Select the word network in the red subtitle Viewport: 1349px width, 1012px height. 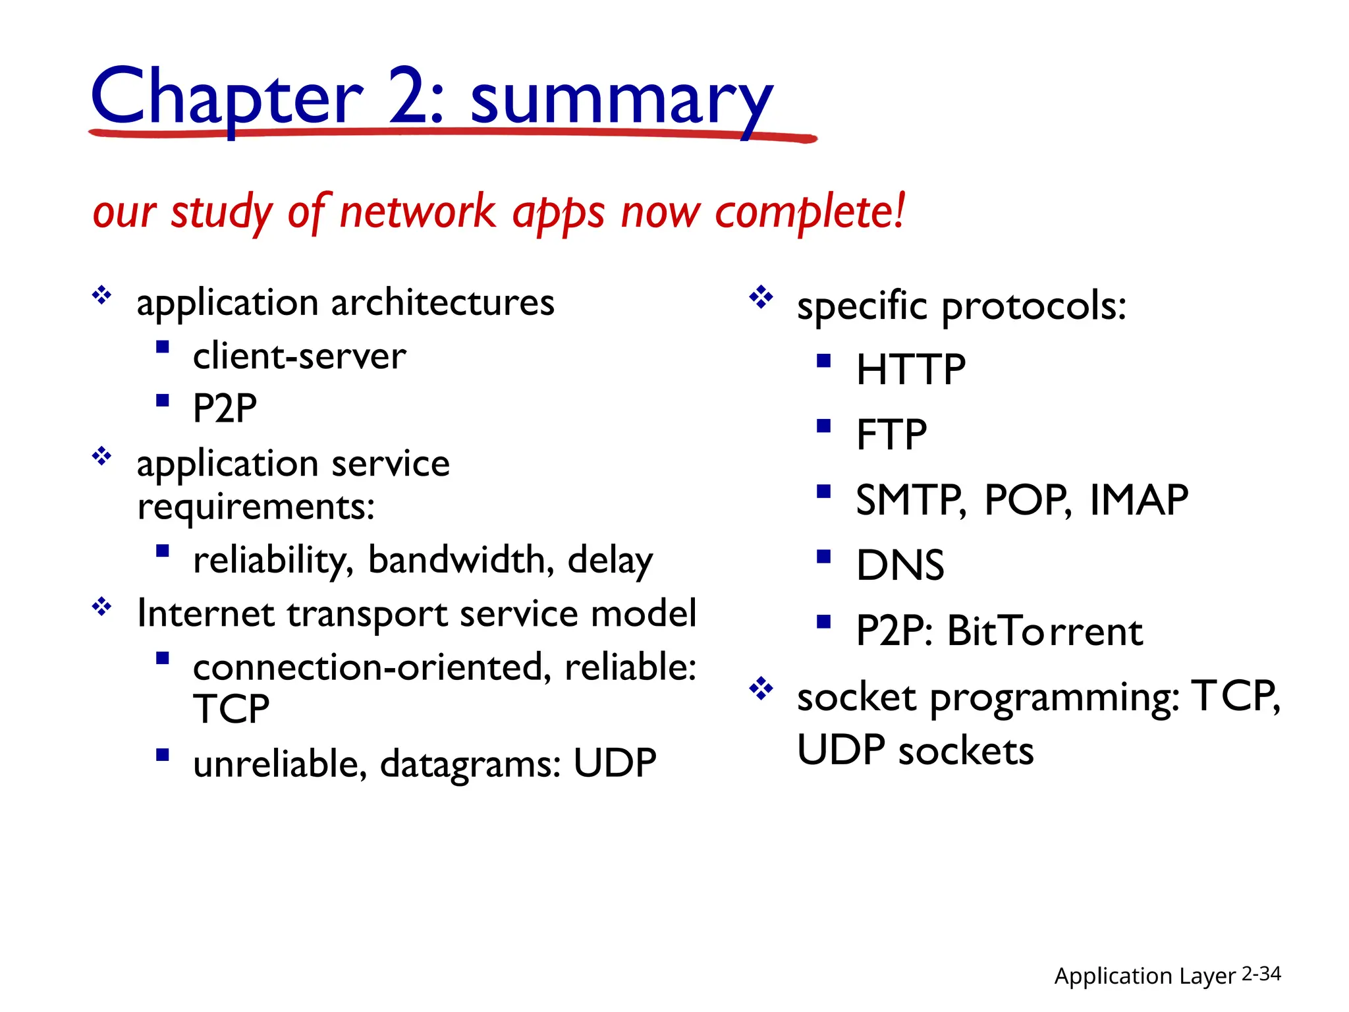(418, 212)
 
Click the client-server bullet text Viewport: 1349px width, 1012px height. (299, 356)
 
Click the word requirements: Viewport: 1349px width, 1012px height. (256, 507)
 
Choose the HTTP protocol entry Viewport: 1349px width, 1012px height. (910, 369)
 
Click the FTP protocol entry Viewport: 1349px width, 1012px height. (891, 434)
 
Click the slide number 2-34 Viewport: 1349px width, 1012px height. (1261, 974)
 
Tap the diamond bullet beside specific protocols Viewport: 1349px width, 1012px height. (761, 297)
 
